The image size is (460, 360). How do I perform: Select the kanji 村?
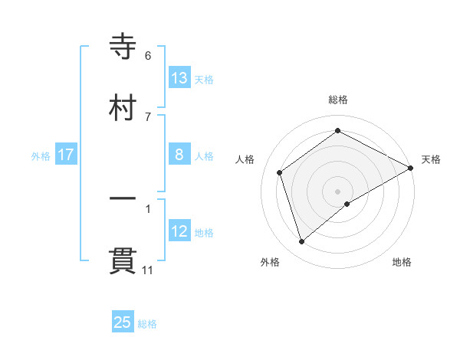[x=123, y=107]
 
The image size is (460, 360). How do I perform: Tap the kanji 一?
[x=123, y=200]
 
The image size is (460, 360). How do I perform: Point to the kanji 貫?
[x=123, y=261]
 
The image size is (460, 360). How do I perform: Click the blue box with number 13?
[x=179, y=78]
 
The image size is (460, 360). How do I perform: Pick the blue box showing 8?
[x=179, y=155]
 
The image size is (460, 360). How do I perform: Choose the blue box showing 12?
[x=179, y=231]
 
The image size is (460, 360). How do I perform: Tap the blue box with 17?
[x=66, y=155]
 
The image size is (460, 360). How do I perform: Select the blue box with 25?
[x=123, y=322]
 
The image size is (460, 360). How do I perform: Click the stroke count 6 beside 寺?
[x=148, y=56]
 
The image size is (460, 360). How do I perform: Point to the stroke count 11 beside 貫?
[x=148, y=270]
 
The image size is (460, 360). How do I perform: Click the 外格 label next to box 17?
[x=41, y=156]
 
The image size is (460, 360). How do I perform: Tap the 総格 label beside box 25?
[x=147, y=324]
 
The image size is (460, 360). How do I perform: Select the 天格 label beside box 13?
[x=204, y=80]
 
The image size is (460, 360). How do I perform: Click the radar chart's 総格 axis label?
[x=338, y=100]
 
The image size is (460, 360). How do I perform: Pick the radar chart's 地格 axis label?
[x=402, y=262]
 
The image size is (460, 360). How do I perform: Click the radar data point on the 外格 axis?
[x=302, y=242]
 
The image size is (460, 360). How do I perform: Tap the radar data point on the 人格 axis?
[x=280, y=172]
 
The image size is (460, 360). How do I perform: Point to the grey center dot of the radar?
[x=338, y=191]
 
